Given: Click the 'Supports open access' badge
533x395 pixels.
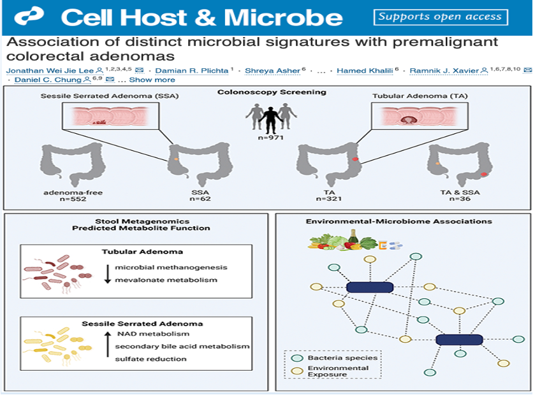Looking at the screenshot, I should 439,17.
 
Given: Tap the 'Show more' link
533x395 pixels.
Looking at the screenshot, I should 152,80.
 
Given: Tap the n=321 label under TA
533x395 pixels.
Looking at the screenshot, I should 330,199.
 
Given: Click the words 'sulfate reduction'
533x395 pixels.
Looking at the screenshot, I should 151,359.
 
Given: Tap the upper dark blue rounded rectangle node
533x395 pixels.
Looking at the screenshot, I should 369,288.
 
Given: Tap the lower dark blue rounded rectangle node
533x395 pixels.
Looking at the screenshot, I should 459,340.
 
